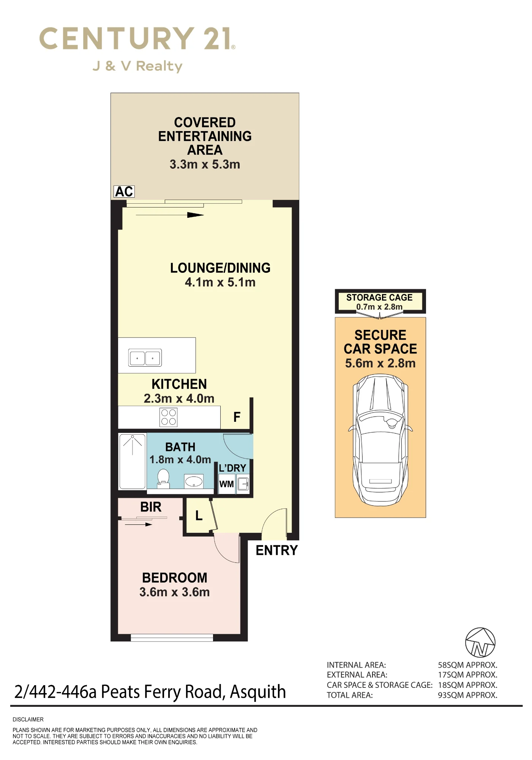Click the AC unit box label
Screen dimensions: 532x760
(124, 192)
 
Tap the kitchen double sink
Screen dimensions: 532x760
(145, 358)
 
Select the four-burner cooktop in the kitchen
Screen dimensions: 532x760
(169, 417)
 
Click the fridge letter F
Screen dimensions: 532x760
(237, 417)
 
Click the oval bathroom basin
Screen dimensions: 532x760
(194, 481)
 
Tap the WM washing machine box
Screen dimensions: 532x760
(227, 484)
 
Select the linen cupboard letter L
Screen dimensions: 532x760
(199, 516)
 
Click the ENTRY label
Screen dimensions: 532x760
(277, 550)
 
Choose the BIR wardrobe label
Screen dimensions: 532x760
(151, 507)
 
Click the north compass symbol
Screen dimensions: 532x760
(480, 643)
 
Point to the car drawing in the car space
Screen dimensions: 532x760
(380, 440)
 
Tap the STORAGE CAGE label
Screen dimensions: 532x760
(379, 298)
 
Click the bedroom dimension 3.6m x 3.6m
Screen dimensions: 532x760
(175, 592)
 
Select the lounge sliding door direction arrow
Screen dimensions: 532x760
(170, 215)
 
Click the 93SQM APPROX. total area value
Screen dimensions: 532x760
(468, 695)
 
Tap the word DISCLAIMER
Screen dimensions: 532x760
(28, 719)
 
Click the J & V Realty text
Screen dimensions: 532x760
(137, 66)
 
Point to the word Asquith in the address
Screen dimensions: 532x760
(258, 692)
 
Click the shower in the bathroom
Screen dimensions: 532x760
(133, 461)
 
